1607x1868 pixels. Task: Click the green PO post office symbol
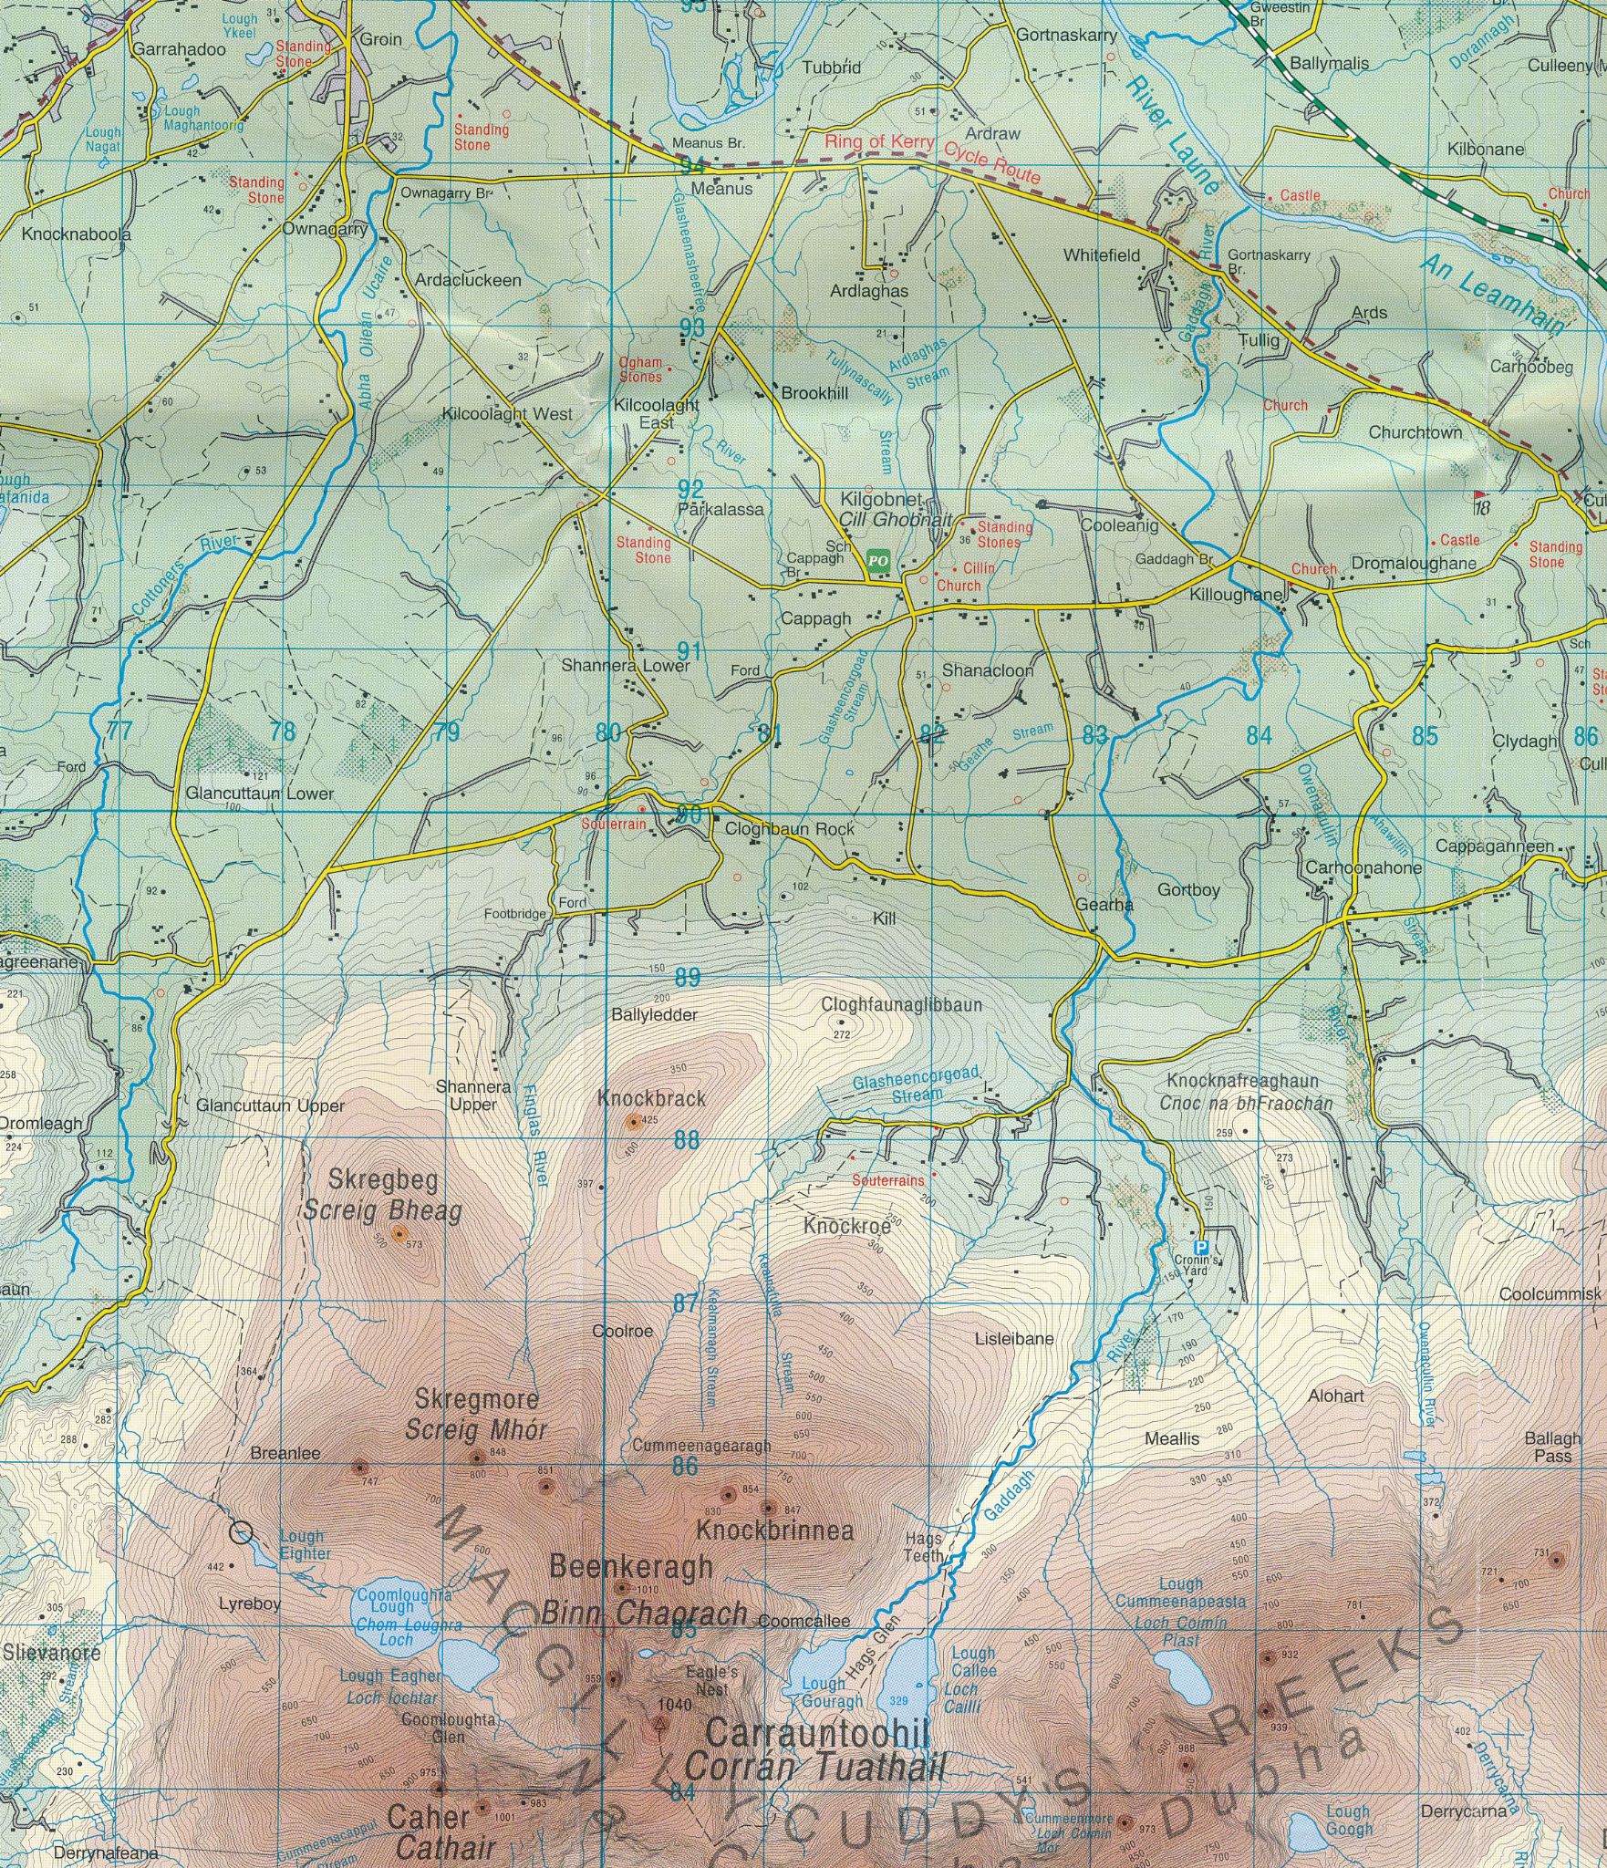tap(877, 560)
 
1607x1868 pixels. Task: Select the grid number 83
tap(1095, 735)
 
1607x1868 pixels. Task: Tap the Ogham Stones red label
tap(640, 369)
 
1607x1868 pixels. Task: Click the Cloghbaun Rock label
tap(790, 829)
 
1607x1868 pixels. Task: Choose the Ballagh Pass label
tap(1552, 1448)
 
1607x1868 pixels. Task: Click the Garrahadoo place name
tap(179, 50)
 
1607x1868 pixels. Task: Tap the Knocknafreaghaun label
tap(1241, 1081)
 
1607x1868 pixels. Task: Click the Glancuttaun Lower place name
tap(259, 794)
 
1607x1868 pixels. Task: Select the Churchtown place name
tap(1415, 433)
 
